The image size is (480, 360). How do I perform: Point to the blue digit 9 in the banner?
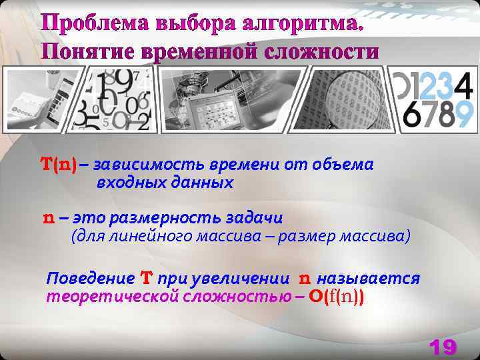pos(464,115)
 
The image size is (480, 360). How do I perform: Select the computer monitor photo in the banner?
pos(213,107)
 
